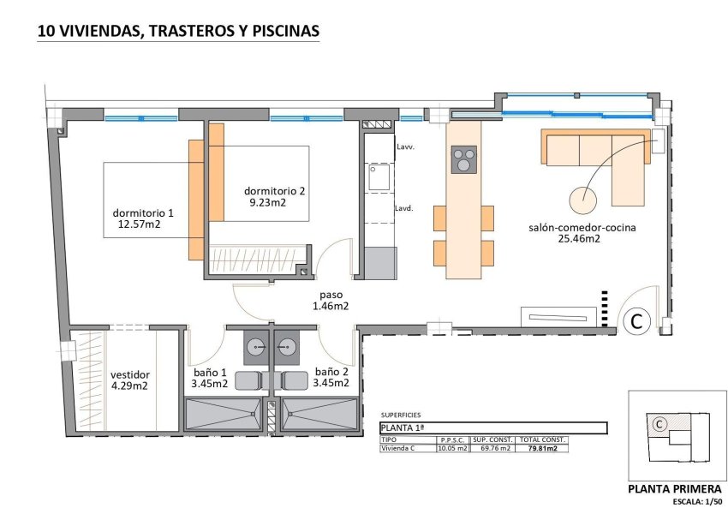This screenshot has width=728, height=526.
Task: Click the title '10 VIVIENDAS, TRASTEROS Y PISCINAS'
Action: pos(178,32)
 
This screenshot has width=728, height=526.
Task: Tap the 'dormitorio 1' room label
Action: pos(143,213)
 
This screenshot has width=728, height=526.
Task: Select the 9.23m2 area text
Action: pos(267,203)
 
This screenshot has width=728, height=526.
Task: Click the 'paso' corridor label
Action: pos(330,294)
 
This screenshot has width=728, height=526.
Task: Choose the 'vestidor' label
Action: pos(129,374)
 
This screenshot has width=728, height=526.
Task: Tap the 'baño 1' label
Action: pos(210,372)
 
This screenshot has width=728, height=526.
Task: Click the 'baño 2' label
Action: pos(331,372)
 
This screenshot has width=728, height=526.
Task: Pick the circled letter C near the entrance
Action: pos(636,321)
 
